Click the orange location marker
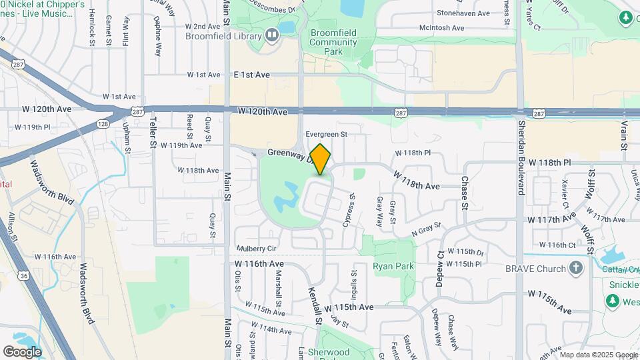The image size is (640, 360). (x=320, y=160)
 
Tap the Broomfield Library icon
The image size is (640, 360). (x=272, y=35)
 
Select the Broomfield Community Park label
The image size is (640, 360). (x=333, y=41)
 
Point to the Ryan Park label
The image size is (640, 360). (x=393, y=267)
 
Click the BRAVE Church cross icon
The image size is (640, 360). (x=577, y=268)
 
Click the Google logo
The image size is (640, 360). (x=22, y=351)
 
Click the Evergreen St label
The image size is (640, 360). (x=327, y=134)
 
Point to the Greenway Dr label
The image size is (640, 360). (x=289, y=154)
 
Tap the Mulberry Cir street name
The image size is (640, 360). (x=256, y=248)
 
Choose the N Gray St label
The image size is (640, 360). (x=427, y=229)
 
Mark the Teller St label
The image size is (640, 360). (x=153, y=133)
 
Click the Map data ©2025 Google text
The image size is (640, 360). (x=599, y=355)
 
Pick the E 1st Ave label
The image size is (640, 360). (x=251, y=75)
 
